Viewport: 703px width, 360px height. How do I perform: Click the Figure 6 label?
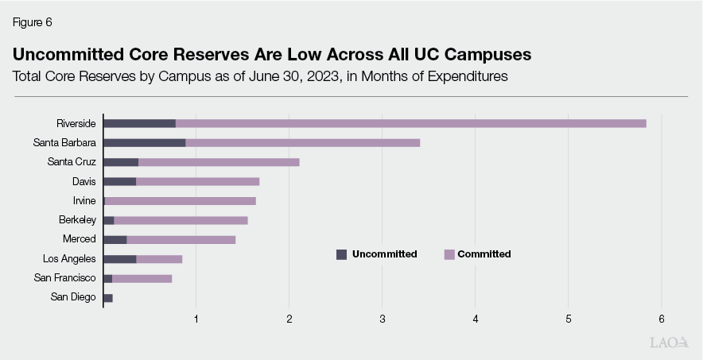[x=32, y=22]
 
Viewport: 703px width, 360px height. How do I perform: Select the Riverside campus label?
[x=76, y=123]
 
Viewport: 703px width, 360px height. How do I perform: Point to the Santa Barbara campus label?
[x=65, y=143]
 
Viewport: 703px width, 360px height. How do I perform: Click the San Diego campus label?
[x=73, y=297]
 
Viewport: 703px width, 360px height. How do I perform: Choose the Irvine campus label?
[x=84, y=200]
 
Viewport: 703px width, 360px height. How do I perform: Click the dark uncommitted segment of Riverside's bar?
[x=139, y=123]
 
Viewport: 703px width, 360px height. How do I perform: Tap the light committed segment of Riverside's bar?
[x=410, y=123]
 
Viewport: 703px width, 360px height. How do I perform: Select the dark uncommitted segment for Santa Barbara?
[x=144, y=143]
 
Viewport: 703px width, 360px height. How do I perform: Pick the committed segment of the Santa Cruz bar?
[x=219, y=162]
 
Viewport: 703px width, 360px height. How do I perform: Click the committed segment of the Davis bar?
[x=197, y=181]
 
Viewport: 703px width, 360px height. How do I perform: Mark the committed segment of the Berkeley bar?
[x=181, y=220]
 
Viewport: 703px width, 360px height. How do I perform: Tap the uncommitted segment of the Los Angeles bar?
[x=119, y=259]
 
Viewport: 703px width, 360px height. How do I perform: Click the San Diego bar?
[x=108, y=297]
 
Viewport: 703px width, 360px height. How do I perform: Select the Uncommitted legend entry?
[x=377, y=254]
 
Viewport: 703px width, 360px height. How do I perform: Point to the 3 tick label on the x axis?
[x=383, y=319]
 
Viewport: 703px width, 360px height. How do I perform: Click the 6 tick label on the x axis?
[x=662, y=319]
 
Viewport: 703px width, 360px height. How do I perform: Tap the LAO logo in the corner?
[x=666, y=343]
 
